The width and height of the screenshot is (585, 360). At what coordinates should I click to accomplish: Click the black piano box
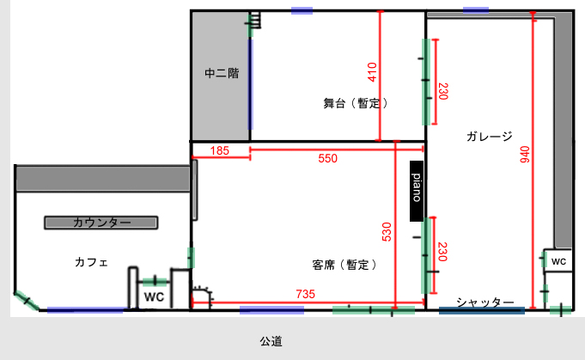(417, 191)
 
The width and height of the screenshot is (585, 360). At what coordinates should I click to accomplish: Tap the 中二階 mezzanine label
(222, 73)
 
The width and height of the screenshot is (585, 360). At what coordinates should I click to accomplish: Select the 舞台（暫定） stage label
(356, 103)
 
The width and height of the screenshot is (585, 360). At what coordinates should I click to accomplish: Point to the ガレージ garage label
(490, 137)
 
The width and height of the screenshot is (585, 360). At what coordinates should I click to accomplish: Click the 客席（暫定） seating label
(344, 265)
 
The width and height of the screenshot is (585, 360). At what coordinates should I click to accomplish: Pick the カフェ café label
(91, 262)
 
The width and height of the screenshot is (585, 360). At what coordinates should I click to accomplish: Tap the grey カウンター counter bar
(101, 223)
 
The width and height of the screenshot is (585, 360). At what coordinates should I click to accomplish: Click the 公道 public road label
(271, 341)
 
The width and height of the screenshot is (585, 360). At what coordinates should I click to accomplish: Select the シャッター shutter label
(485, 302)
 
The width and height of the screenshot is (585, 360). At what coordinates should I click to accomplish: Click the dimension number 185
(219, 150)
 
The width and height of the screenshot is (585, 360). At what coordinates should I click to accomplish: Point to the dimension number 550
(327, 158)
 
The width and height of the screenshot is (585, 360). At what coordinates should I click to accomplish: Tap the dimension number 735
(305, 294)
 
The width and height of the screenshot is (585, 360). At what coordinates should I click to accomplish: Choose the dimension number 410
(372, 72)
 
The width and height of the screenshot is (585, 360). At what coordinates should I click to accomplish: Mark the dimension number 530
(387, 232)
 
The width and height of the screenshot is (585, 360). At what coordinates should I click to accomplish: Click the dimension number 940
(525, 155)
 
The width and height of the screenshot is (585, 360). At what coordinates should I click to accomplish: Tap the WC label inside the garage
(558, 261)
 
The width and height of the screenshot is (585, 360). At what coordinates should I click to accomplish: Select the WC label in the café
(154, 297)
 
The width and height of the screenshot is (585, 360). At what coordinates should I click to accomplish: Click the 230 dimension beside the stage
(443, 91)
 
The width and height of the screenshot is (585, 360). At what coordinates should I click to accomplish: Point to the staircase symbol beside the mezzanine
(255, 20)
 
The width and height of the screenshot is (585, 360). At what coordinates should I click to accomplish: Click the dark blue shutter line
(482, 310)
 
